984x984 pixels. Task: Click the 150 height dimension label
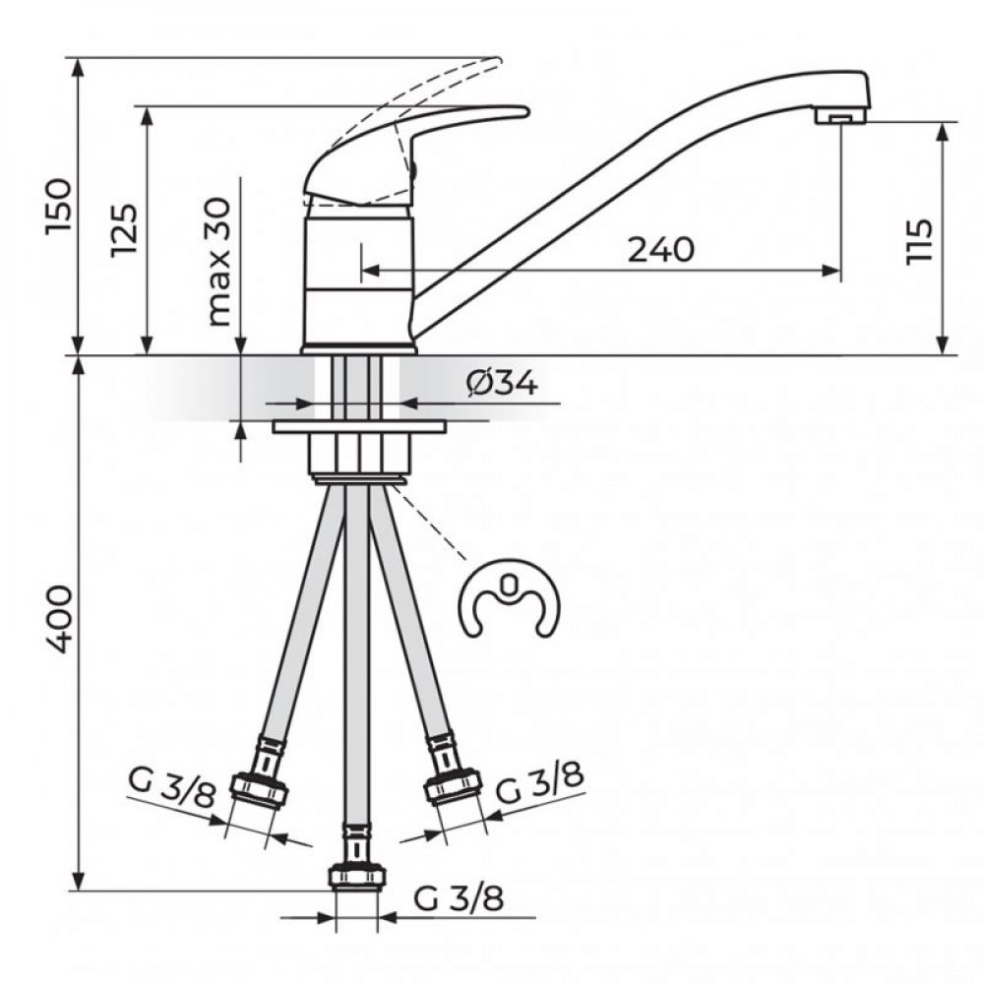[x=59, y=207]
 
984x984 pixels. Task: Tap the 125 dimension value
[x=124, y=229]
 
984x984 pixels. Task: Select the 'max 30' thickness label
[x=219, y=262]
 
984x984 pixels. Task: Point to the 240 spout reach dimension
[x=661, y=250]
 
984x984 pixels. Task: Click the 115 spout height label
[x=920, y=242]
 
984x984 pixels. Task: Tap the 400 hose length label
[x=59, y=619]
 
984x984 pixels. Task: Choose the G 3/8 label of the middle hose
[x=459, y=898]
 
